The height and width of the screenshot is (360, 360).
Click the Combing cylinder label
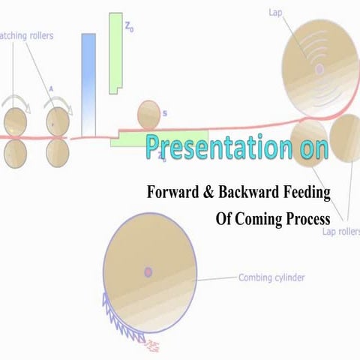pyautogui.click(x=271, y=277)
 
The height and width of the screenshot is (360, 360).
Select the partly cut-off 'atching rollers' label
pyautogui.click(x=26, y=34)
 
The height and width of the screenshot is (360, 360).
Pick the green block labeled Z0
pyautogui.click(x=115, y=52)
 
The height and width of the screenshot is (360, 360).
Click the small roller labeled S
pyautogui.click(x=148, y=115)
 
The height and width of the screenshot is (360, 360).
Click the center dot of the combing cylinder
pyautogui.click(x=148, y=271)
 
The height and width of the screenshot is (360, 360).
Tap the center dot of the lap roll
pyautogui.click(x=320, y=68)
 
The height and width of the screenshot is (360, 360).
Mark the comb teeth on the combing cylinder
pyautogui.click(x=124, y=316)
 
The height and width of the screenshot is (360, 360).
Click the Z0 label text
pyautogui.click(x=130, y=28)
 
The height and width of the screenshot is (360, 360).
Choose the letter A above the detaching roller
pyautogui.click(x=52, y=88)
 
